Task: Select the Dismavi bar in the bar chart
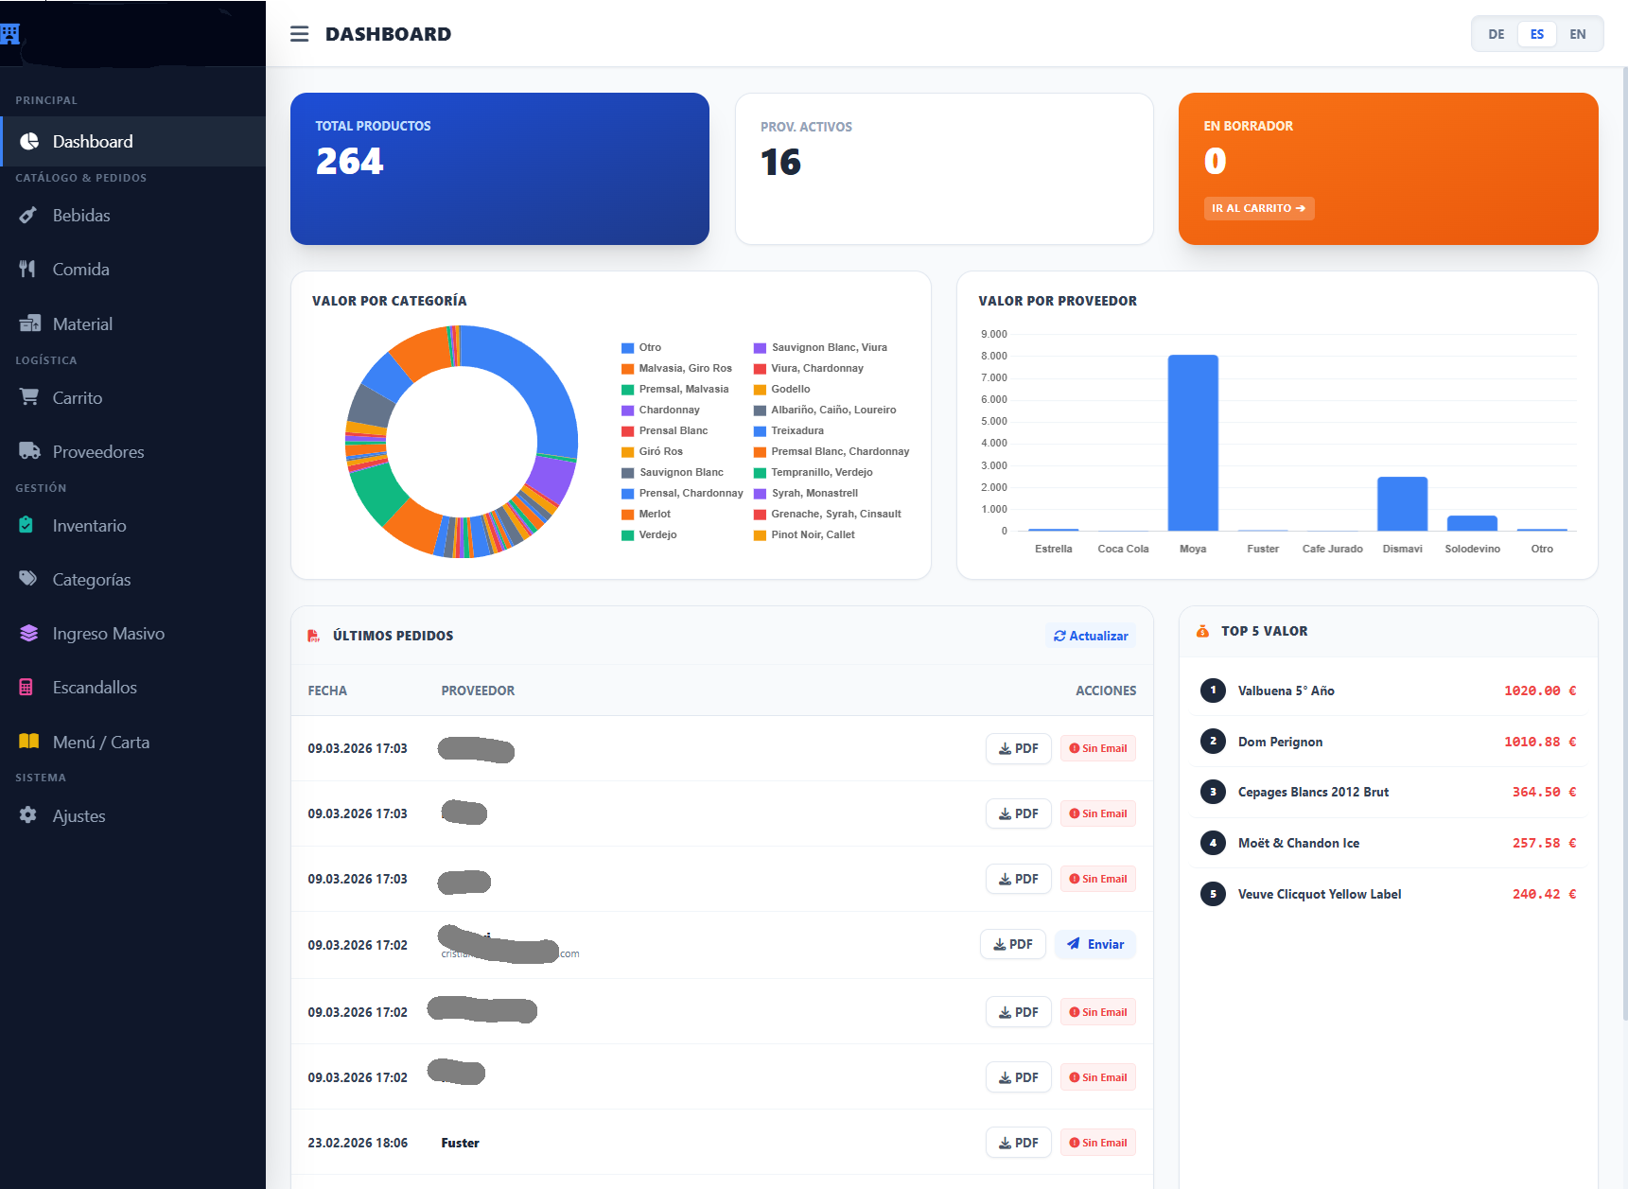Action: click(x=1402, y=503)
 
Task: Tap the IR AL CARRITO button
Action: click(x=1258, y=208)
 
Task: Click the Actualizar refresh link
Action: click(x=1091, y=636)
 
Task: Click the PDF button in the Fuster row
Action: click(x=1018, y=1143)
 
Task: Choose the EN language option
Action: click(x=1577, y=34)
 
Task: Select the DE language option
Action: click(x=1496, y=34)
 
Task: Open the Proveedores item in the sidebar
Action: click(x=97, y=452)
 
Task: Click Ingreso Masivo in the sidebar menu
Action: click(x=108, y=634)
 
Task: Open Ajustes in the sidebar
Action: click(x=79, y=816)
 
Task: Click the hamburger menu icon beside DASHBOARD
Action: click(x=299, y=34)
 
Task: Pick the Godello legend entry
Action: click(x=790, y=389)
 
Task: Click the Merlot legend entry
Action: click(x=654, y=514)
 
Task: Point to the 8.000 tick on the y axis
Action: click(x=993, y=356)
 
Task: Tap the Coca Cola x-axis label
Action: click(x=1123, y=549)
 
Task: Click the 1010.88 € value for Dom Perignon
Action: click(x=1539, y=742)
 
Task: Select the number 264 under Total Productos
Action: click(x=349, y=162)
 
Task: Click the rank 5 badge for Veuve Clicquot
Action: click(x=1213, y=894)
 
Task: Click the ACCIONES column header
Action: click(x=1105, y=691)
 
